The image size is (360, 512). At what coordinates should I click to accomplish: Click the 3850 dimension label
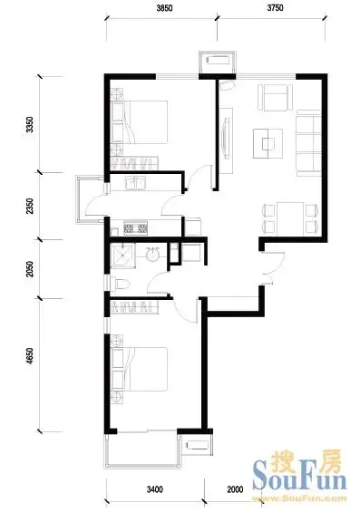pyautogui.click(x=164, y=8)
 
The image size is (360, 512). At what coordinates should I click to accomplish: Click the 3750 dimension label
pyautogui.click(x=275, y=8)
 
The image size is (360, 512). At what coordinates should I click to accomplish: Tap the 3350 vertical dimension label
pyautogui.click(x=30, y=124)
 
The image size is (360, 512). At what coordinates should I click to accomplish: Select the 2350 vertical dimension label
pyautogui.click(x=30, y=206)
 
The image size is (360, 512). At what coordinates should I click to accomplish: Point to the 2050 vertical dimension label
pyautogui.click(x=30, y=269)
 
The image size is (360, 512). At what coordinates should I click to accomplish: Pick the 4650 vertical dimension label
pyautogui.click(x=30, y=356)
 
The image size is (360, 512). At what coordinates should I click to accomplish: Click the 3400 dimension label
pyautogui.click(x=155, y=489)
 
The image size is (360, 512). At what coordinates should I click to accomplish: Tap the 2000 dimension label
pyautogui.click(x=235, y=489)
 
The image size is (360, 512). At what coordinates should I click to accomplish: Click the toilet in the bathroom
pyautogui.click(x=121, y=284)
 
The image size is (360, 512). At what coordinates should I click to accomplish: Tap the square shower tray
pyautogui.click(x=122, y=256)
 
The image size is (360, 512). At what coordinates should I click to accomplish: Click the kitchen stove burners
pyautogui.click(x=136, y=227)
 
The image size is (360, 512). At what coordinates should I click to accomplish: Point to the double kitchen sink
pyautogui.click(x=136, y=183)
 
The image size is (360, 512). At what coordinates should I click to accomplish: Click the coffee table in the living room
pyautogui.click(x=268, y=144)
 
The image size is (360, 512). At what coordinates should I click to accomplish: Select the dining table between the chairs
pyautogui.click(x=290, y=218)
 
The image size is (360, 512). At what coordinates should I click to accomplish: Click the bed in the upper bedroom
pyautogui.click(x=140, y=122)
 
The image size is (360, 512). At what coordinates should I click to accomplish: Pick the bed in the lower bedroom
pyautogui.click(x=140, y=369)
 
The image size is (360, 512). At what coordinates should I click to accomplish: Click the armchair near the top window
pyautogui.click(x=276, y=98)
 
